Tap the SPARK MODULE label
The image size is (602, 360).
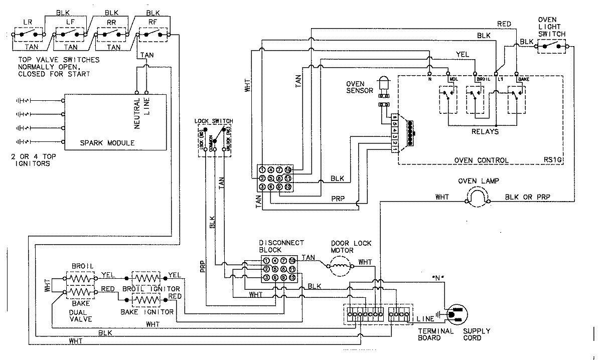pyautogui.click(x=107, y=143)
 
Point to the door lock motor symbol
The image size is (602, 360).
pyautogui.click(x=341, y=265)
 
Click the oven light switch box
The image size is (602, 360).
pyautogui.click(x=552, y=46)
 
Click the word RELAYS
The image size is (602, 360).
pyautogui.click(x=485, y=132)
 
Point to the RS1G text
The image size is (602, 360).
pyautogui.click(x=551, y=160)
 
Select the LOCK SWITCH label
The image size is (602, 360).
pyautogui.click(x=214, y=122)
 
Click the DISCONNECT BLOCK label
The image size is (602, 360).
pyautogui.click(x=281, y=246)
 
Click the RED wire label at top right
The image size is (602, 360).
pyautogui.click(x=504, y=24)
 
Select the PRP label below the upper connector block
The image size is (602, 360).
pyautogui.click(x=338, y=198)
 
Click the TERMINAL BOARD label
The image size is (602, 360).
pyautogui.click(x=435, y=334)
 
